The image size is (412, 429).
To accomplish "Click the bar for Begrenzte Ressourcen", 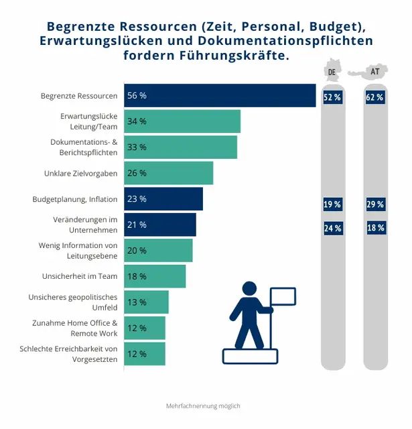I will point(220,95).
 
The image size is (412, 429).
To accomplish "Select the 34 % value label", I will point(137,121).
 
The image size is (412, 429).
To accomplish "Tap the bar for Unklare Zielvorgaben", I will point(168,173).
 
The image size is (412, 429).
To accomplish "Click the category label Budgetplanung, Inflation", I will point(75,199).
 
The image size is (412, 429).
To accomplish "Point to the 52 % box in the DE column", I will point(332,97).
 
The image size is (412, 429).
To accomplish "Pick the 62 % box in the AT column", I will point(375,97).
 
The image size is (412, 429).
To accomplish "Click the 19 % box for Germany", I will point(332,204).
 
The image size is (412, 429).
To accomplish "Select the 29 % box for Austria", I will point(375,204).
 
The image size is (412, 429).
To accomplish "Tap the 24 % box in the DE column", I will point(332,228).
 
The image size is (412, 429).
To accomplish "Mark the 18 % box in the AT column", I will point(375,228).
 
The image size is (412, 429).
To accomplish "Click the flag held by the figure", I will point(282,296).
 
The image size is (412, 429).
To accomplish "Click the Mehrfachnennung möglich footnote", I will point(203,406).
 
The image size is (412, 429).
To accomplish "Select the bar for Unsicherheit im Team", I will point(155,276).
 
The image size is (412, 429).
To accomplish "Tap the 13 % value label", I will point(137,302).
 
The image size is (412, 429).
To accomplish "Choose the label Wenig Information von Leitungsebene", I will point(78,250).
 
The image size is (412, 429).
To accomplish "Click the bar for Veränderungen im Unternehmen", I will point(160,225).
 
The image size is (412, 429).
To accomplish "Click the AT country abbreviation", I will point(375,72).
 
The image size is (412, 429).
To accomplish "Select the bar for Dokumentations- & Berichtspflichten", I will point(180,147).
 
